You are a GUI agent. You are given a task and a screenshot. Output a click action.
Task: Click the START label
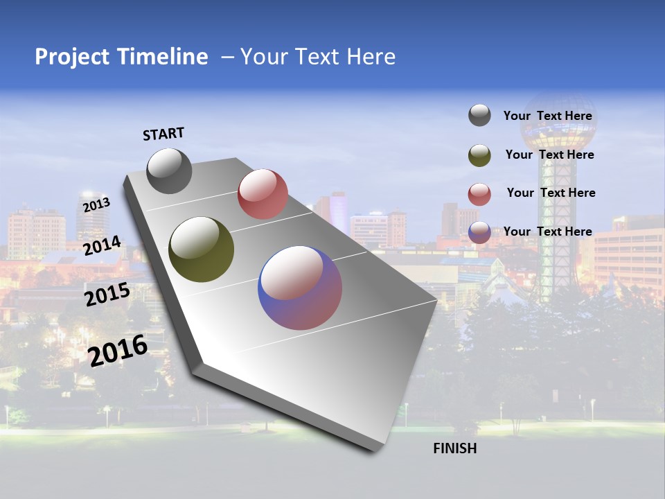(163, 134)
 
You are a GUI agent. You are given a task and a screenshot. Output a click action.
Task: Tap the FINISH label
(454, 448)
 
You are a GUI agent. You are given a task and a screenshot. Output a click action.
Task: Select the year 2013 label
(96, 205)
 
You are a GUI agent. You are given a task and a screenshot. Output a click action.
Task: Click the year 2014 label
(102, 246)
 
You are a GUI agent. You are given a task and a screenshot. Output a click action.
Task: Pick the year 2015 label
(107, 295)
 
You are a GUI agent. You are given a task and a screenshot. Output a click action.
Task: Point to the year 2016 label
(118, 351)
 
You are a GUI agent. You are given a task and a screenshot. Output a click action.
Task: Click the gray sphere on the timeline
(169, 171)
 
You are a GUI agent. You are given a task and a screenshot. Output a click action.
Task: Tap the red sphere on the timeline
(263, 194)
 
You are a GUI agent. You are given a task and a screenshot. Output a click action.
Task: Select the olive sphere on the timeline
(201, 249)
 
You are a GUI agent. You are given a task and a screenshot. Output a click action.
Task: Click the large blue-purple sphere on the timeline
(300, 288)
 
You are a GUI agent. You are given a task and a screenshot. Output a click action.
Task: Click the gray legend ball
(479, 116)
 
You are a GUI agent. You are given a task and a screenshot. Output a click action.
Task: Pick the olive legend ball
(479, 155)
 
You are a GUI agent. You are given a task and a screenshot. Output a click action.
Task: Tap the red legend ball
(479, 194)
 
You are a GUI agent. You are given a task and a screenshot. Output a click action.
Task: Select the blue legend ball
(479, 232)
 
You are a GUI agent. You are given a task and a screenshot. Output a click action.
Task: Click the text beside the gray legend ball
(547, 116)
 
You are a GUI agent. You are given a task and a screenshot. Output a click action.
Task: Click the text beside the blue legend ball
(547, 231)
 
